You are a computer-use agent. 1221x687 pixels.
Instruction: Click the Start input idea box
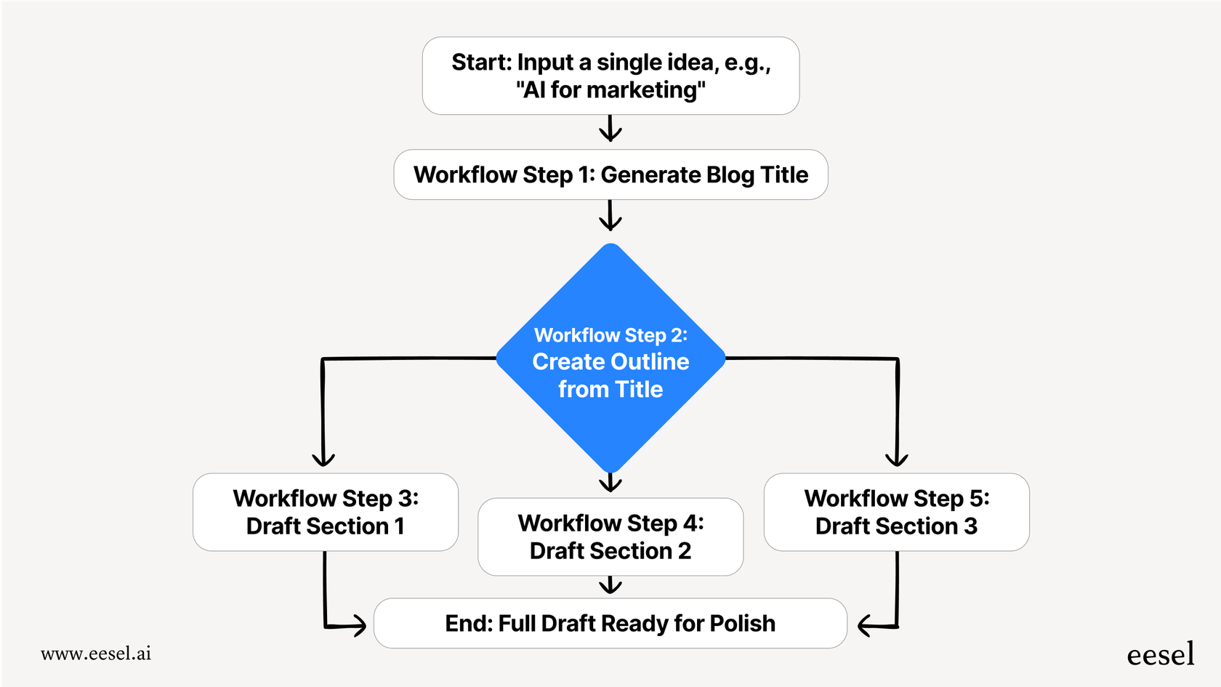click(610, 76)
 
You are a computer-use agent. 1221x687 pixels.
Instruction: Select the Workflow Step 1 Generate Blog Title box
click(610, 174)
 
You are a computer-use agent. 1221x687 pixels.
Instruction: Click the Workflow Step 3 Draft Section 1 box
click(325, 512)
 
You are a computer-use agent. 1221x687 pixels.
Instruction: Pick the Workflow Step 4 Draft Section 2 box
click(610, 537)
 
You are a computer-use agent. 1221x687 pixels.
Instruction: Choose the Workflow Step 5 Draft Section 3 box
click(896, 512)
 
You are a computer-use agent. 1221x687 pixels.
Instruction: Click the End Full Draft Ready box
click(610, 623)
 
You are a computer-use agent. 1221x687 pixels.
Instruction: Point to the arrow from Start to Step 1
click(610, 129)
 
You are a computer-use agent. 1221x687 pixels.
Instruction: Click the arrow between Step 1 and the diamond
click(610, 216)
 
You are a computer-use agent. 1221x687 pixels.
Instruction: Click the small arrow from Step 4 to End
click(610, 585)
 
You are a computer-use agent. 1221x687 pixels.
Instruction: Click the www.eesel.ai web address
click(96, 654)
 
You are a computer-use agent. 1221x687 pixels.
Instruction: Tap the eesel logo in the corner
click(1160, 654)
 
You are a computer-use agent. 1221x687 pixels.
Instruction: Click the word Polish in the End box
click(742, 624)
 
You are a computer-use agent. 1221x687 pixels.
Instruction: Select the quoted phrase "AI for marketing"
click(610, 90)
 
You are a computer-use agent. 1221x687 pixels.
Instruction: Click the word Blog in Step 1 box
click(730, 175)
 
